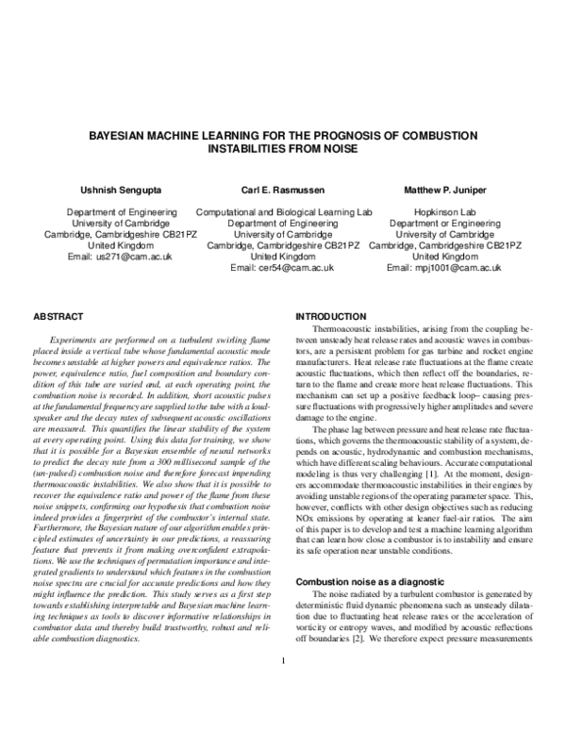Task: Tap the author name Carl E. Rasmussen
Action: pos(282,190)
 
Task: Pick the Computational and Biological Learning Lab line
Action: pos(282,212)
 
